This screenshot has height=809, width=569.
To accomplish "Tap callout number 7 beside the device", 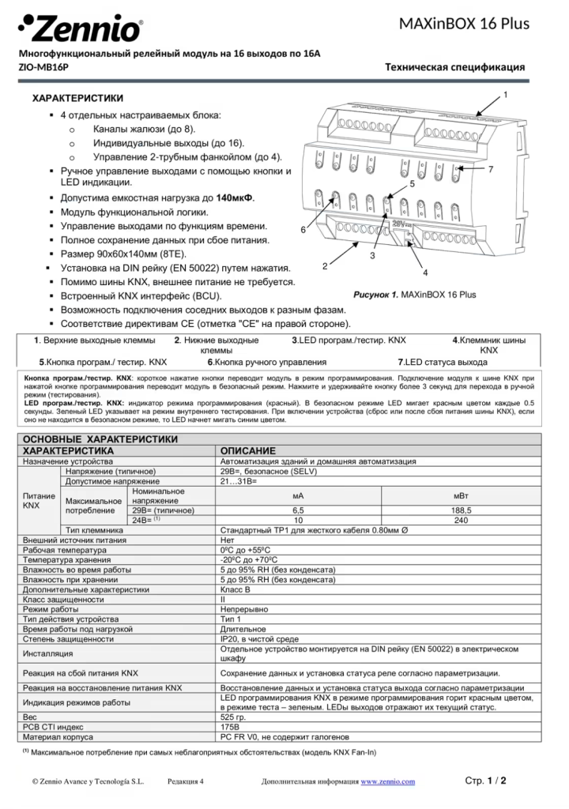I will [491, 170].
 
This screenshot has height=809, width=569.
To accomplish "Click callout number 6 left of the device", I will [303, 229].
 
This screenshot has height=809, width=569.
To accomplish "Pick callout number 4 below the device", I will [425, 273].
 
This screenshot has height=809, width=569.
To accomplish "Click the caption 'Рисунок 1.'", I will [376, 295].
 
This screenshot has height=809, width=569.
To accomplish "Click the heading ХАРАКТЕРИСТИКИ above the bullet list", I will [77, 99].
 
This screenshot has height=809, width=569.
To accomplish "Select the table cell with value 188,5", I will [461, 510].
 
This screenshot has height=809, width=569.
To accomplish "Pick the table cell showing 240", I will [461, 521].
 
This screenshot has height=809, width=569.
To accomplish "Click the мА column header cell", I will [298, 495].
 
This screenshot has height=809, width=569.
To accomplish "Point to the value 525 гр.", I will [235, 717].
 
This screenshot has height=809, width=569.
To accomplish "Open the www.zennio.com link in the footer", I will [387, 781].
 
